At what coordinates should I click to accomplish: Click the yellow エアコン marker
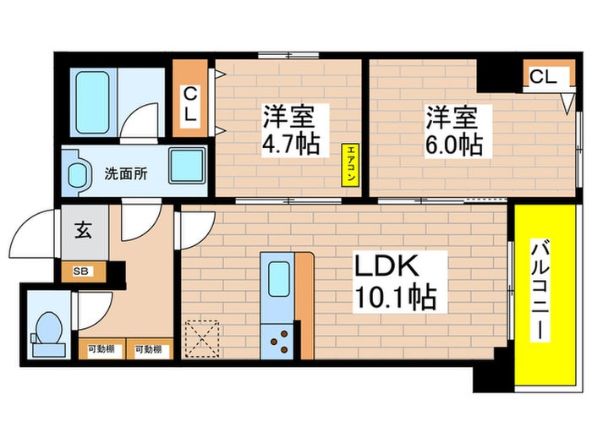348,164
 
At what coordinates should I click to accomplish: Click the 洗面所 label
125,174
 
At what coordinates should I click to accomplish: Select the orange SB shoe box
83,271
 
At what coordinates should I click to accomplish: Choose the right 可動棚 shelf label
149,348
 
